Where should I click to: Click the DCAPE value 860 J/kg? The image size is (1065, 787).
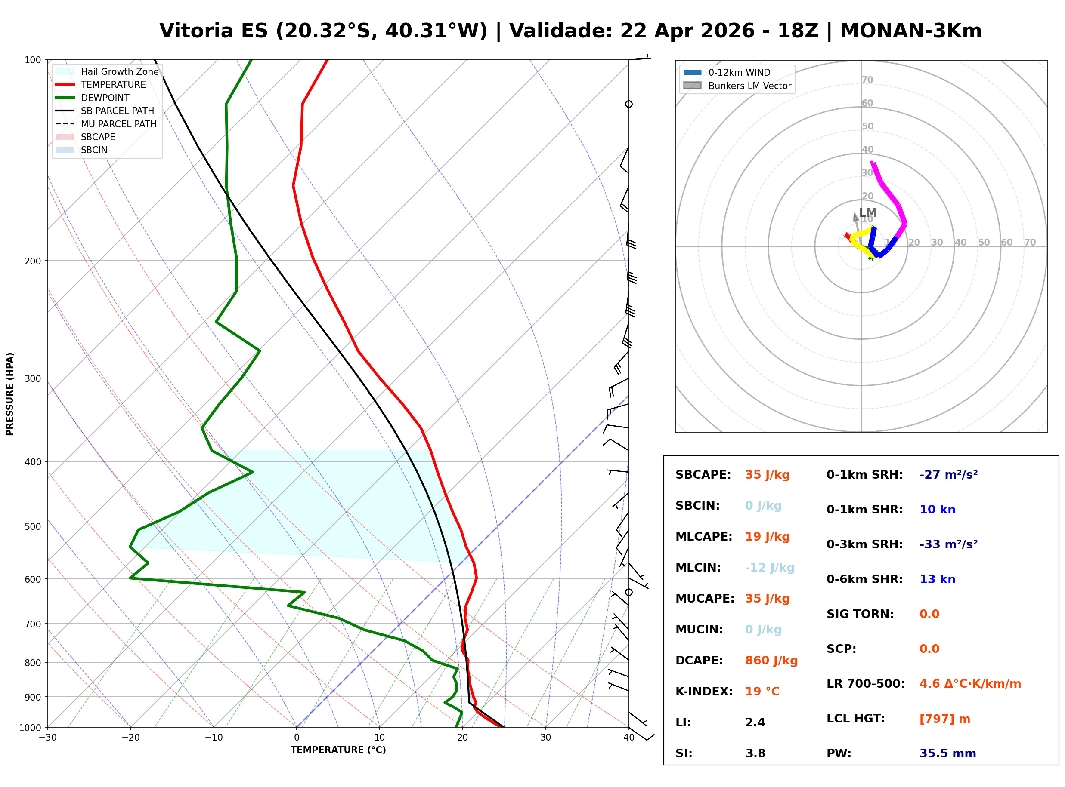(x=771, y=661)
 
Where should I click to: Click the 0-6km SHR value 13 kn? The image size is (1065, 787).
(x=937, y=579)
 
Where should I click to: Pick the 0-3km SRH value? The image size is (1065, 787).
(x=948, y=544)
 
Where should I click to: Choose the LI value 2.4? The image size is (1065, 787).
(x=755, y=722)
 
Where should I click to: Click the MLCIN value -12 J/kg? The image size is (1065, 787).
(x=769, y=568)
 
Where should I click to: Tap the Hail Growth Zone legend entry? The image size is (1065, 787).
(x=119, y=71)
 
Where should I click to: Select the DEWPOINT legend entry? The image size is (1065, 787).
(x=105, y=98)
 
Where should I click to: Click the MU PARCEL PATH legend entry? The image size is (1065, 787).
(x=118, y=124)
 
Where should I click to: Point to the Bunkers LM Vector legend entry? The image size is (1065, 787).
(x=749, y=86)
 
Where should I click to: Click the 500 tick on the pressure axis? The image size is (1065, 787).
(x=33, y=526)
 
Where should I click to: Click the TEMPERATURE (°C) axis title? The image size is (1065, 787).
(x=338, y=750)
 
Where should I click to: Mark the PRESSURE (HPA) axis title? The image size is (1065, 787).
(x=10, y=394)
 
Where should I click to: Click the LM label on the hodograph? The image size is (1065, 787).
(x=868, y=213)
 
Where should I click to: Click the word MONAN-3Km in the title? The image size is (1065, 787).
(x=910, y=31)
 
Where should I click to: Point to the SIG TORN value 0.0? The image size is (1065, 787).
(x=929, y=614)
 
